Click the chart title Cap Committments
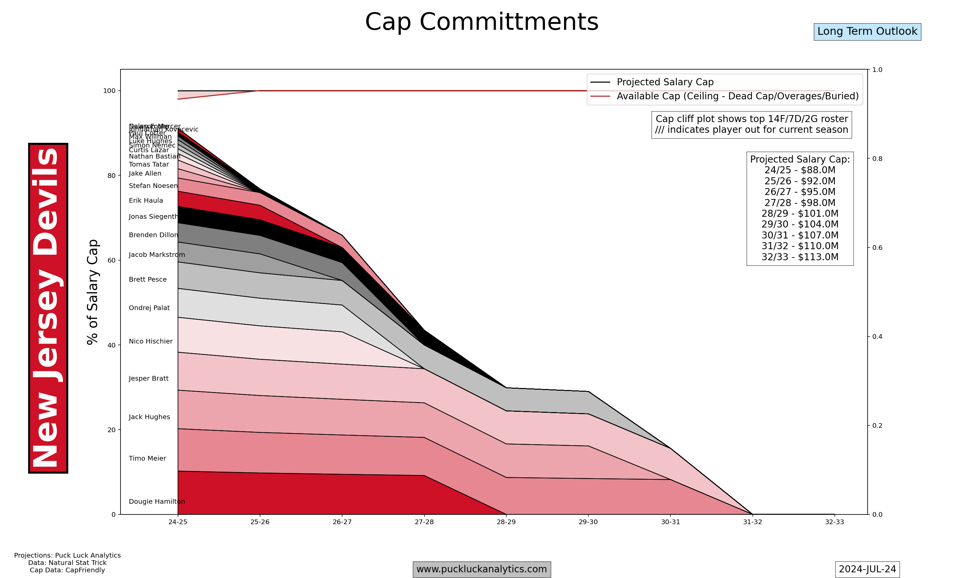click(482, 22)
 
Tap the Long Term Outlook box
click(867, 31)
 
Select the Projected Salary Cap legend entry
click(665, 82)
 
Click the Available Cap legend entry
click(737, 96)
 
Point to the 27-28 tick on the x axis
click(424, 522)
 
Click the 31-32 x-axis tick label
click(752, 522)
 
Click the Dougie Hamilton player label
click(157, 502)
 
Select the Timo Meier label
click(147, 459)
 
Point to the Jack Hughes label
click(149, 417)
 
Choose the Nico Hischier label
click(150, 341)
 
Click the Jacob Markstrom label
click(157, 255)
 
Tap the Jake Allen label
click(145, 173)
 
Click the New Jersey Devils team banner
click(48, 308)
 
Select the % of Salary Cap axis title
click(92, 292)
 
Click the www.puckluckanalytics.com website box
click(482, 569)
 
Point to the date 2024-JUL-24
click(867, 569)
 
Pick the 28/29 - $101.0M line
click(800, 213)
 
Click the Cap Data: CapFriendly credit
click(67, 570)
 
